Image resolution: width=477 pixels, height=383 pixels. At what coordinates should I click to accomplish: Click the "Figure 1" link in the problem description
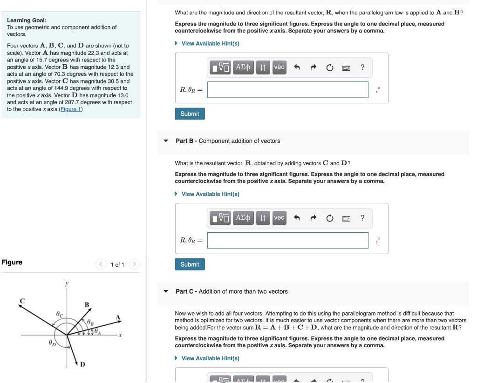71,109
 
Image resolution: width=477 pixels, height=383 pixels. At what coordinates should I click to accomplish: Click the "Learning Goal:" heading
27,20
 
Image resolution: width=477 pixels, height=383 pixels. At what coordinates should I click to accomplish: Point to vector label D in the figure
82,364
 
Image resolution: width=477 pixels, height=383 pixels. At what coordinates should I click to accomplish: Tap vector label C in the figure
21,301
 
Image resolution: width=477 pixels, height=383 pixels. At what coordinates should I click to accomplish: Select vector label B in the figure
86,305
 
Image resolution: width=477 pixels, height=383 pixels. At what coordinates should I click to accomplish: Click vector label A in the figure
118,317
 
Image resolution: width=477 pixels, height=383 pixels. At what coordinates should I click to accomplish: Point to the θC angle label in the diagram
59,315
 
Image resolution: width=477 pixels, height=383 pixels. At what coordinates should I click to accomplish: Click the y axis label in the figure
67,283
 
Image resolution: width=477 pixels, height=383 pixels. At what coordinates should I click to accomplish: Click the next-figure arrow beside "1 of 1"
134,264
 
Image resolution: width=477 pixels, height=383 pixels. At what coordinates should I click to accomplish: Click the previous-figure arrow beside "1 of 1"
101,264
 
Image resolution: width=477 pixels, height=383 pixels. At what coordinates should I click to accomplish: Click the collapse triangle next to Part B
165,141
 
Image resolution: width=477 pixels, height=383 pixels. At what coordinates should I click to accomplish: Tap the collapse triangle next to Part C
165,292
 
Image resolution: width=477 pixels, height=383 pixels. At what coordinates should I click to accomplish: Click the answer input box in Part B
287,240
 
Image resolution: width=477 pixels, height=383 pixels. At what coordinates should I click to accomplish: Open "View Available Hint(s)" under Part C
210,358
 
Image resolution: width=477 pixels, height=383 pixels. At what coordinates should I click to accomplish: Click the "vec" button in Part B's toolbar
279,218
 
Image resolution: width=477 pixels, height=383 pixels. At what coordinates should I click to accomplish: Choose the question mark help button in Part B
362,218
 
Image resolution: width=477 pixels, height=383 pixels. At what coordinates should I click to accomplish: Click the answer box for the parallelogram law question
287,90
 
